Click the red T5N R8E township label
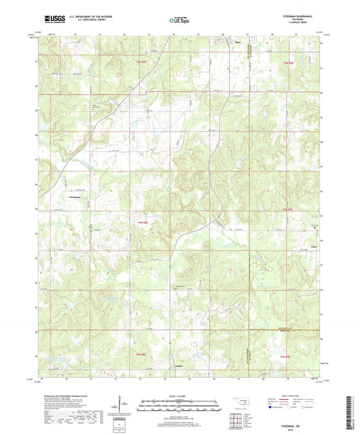coord(140,62)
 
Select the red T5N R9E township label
coord(288,62)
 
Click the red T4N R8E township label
coord(143,222)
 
